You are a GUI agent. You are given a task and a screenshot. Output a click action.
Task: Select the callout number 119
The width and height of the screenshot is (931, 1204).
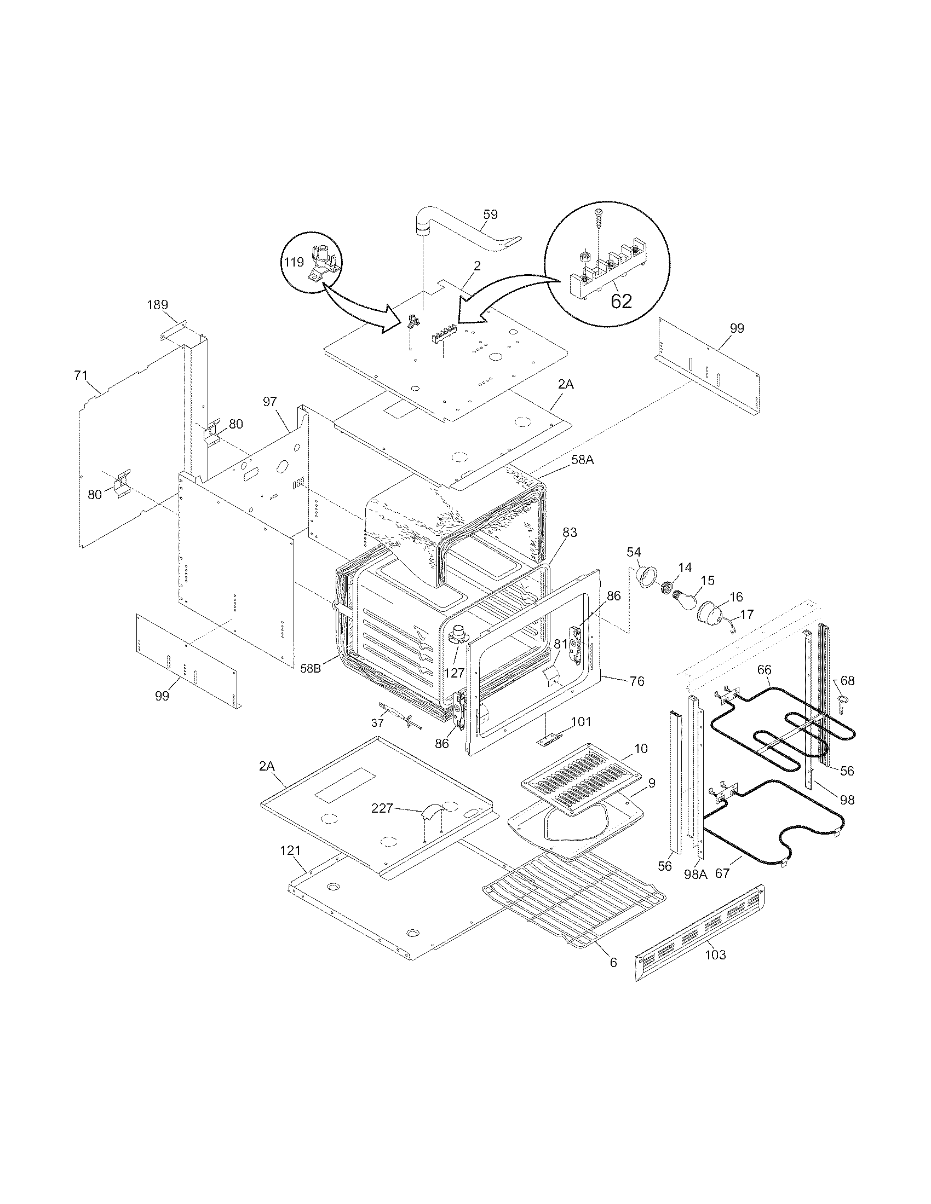[294, 262]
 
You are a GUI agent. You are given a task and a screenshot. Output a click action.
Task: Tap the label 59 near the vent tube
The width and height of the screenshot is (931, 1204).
[490, 215]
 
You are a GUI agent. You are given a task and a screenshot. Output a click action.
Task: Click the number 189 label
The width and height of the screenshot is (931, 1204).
[157, 305]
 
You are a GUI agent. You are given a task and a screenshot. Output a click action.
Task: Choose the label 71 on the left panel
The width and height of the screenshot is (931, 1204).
[81, 375]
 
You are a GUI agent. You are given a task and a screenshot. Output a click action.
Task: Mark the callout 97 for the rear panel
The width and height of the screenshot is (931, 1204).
[269, 402]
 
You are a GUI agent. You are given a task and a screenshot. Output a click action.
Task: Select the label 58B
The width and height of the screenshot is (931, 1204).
[312, 668]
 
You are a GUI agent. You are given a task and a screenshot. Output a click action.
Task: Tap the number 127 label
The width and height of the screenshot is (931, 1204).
[454, 673]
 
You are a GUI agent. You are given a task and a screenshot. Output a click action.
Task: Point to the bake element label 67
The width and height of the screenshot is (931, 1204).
[722, 873]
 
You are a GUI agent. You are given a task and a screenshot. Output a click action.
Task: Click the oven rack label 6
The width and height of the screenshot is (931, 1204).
[613, 963]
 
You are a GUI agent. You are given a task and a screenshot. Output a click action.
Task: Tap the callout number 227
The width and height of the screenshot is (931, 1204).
[382, 809]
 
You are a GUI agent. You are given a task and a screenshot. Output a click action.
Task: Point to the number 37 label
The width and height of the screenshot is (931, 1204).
[377, 723]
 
